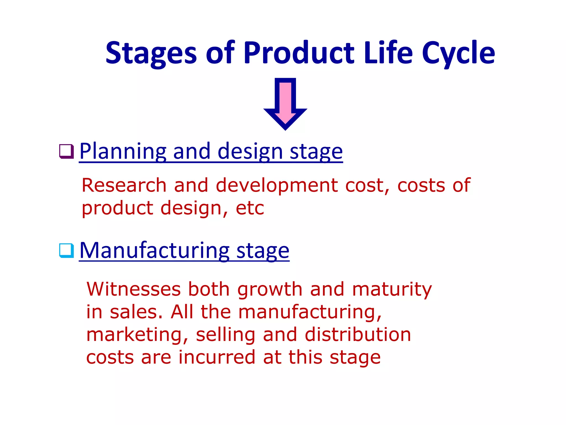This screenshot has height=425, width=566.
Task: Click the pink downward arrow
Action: pyautogui.click(x=285, y=104)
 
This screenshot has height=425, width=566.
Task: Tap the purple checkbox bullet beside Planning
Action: pyautogui.click(x=67, y=151)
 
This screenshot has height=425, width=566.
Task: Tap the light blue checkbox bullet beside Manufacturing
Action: pyautogui.click(x=67, y=250)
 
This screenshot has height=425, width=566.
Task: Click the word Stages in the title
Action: pyautogui.click(x=151, y=53)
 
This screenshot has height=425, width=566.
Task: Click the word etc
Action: pyautogui.click(x=250, y=208)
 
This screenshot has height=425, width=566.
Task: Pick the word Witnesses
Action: pyautogui.click(x=133, y=289)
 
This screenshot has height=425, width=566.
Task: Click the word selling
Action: pyautogui.click(x=226, y=335)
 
